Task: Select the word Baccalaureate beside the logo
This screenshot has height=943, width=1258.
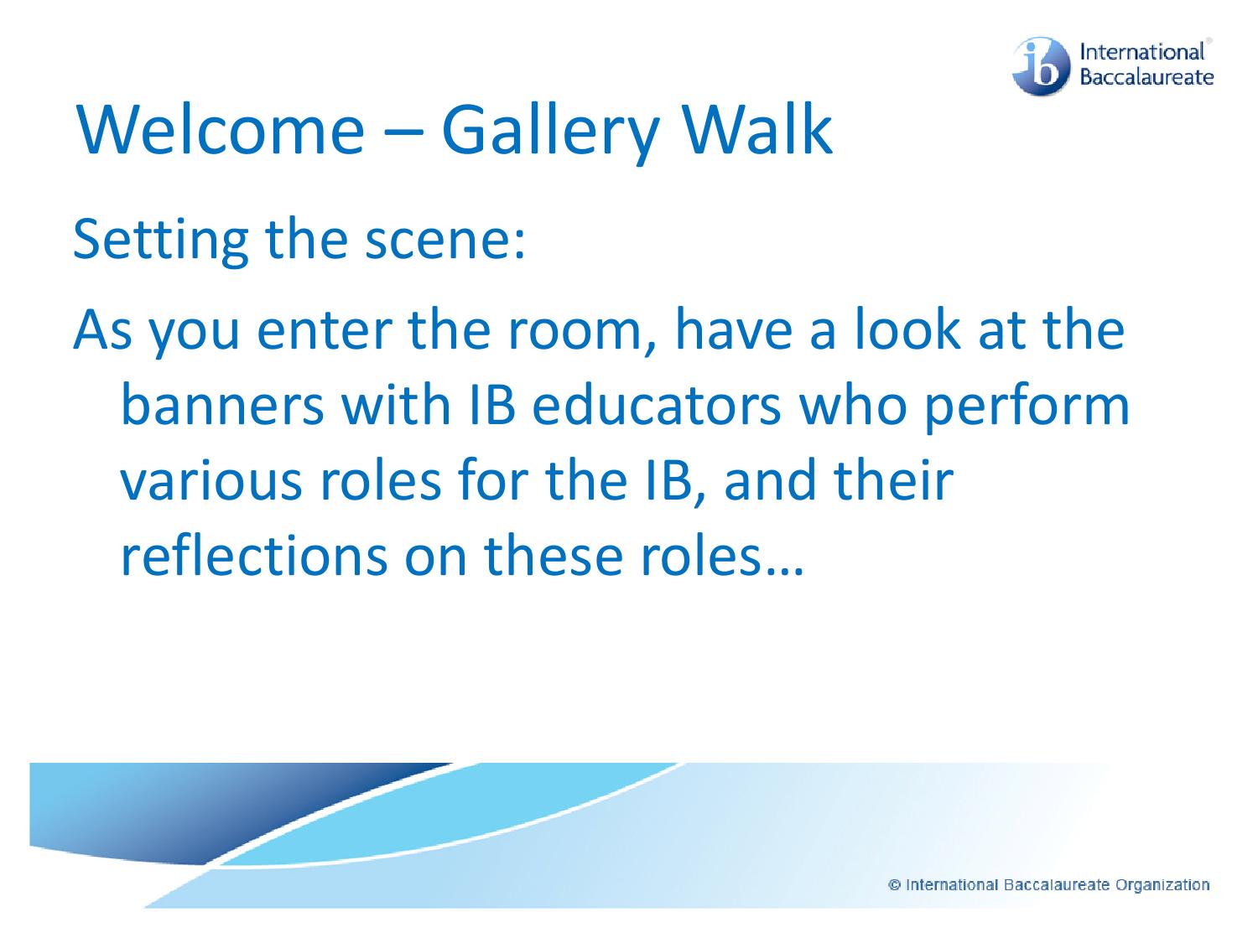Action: (x=1146, y=78)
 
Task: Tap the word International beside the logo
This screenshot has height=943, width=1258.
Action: (x=1143, y=52)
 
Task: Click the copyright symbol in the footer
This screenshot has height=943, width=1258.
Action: (x=895, y=884)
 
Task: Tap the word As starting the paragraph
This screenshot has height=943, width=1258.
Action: (x=101, y=331)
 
